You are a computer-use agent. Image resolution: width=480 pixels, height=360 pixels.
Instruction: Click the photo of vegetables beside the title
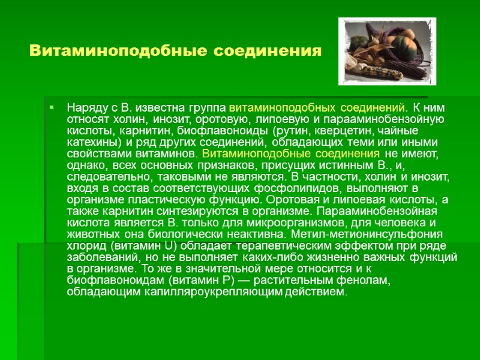pos(387,51)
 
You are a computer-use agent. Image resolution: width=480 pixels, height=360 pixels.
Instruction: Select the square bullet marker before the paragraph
pos(53,108)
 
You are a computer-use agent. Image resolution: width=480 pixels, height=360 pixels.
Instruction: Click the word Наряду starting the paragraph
pos(84,108)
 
